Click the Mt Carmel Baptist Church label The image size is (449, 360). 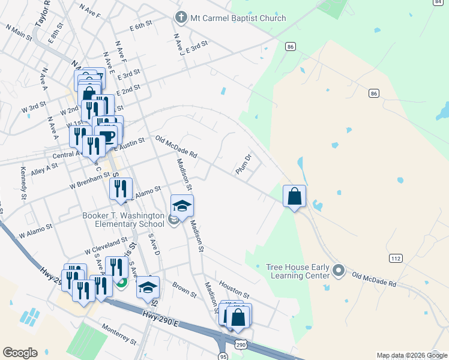click(238, 18)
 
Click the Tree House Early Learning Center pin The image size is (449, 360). click(339, 271)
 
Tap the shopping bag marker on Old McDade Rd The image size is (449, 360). click(295, 197)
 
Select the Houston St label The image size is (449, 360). click(234, 288)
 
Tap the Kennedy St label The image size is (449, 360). click(24, 183)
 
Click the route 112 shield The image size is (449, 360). click(395, 258)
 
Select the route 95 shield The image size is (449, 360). click(223, 356)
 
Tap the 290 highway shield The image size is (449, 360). click(241, 345)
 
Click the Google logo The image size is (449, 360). click(20, 353)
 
